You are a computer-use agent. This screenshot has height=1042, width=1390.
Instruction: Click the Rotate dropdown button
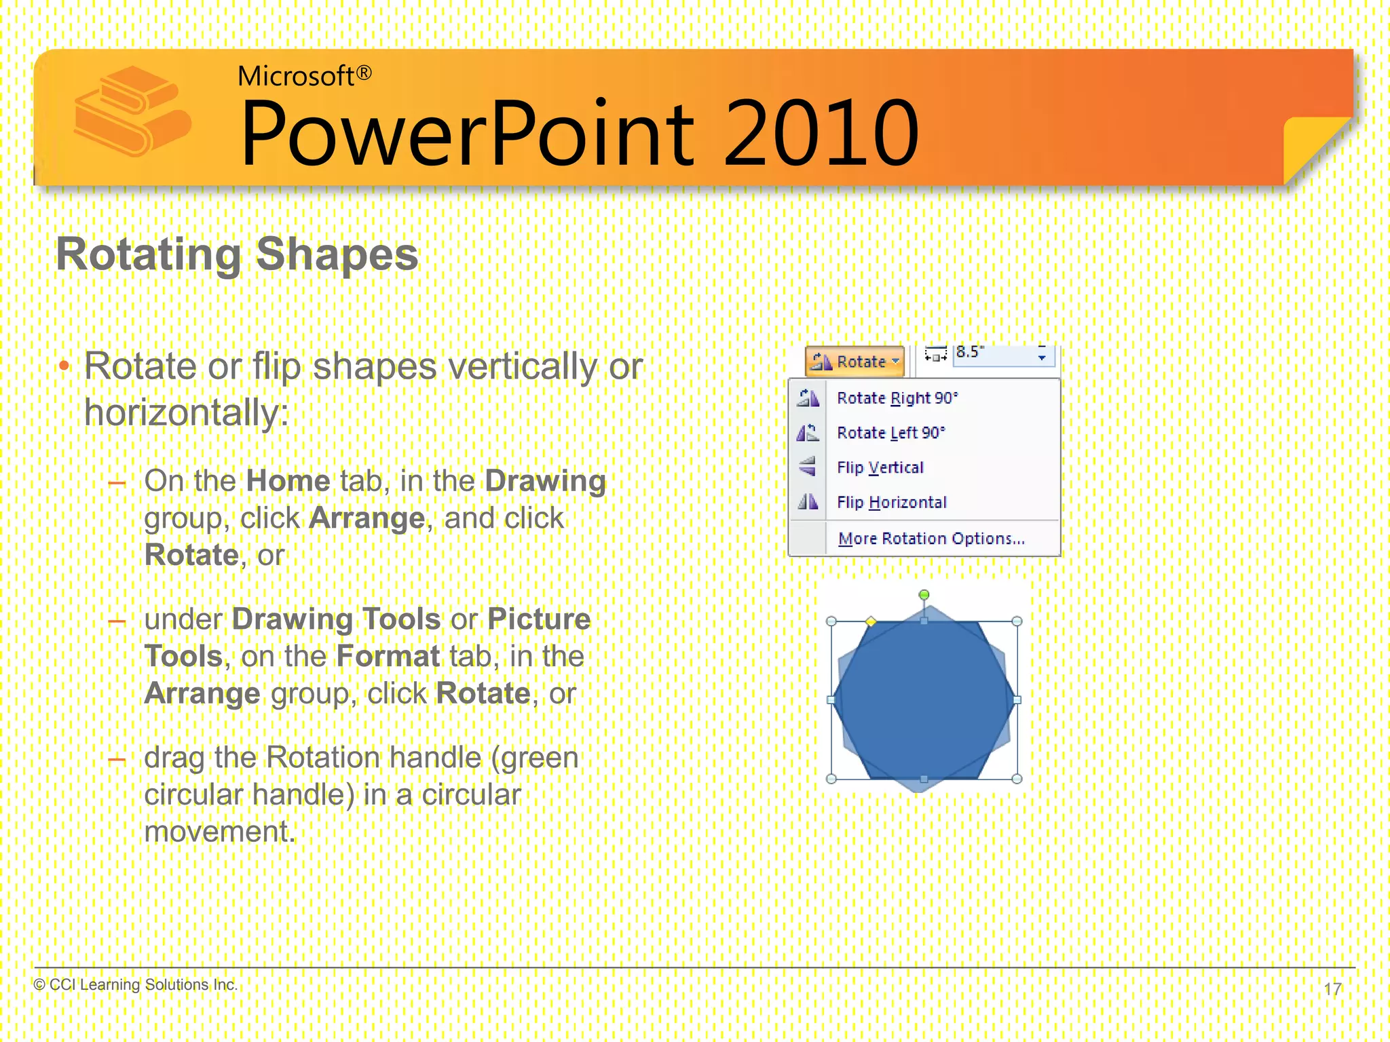(x=855, y=362)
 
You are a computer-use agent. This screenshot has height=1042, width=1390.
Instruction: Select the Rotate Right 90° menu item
(x=896, y=398)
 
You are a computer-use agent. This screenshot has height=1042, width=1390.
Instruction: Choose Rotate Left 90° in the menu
(x=890, y=433)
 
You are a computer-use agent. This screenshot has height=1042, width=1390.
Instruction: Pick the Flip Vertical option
(x=880, y=467)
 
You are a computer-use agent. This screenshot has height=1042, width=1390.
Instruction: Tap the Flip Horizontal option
(x=891, y=503)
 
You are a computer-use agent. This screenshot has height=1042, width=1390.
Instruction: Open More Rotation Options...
(x=931, y=539)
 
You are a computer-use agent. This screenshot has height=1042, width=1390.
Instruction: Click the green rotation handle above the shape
(x=924, y=595)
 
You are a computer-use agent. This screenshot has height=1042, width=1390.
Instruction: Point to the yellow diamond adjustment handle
(x=871, y=621)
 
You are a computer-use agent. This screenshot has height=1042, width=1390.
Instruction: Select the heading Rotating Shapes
(x=237, y=254)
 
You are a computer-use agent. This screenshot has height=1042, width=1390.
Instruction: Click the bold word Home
(x=288, y=481)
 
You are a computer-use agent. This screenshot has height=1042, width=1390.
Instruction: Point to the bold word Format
(x=388, y=657)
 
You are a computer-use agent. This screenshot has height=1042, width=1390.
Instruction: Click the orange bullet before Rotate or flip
(x=64, y=367)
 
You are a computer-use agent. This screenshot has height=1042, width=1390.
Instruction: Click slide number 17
(x=1332, y=988)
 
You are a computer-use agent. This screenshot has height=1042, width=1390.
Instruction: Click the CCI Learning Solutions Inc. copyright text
(x=136, y=984)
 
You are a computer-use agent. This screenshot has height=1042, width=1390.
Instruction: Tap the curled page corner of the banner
(x=1313, y=146)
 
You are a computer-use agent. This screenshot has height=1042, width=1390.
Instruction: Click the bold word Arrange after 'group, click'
(x=367, y=518)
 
